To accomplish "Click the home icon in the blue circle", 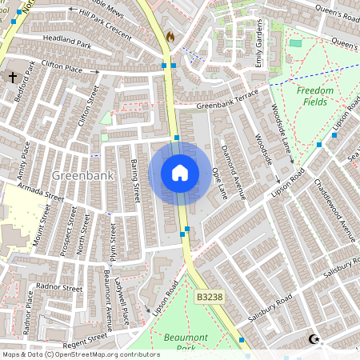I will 180,173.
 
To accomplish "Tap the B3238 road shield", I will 209,297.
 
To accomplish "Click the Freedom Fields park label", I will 315,96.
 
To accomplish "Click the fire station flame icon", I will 170,37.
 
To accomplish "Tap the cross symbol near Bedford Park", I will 13,78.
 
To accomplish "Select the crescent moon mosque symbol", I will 314,340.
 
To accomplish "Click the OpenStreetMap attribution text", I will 81,354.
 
